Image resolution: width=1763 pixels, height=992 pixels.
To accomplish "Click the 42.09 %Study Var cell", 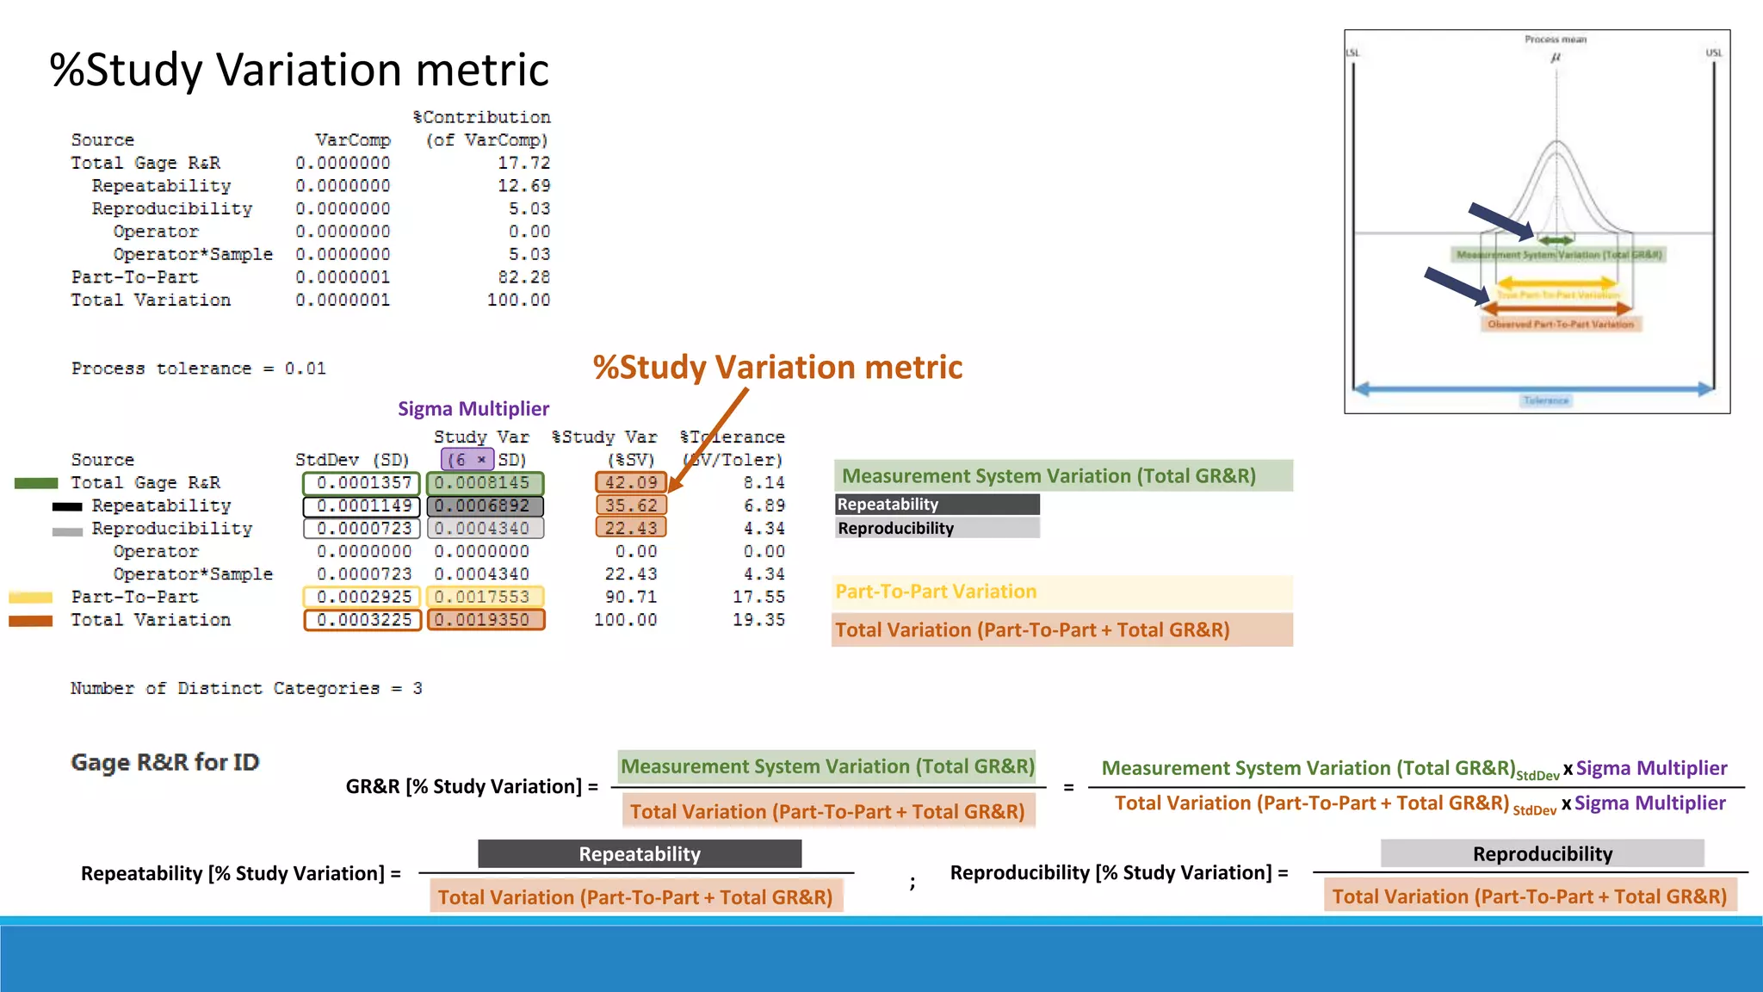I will (x=631, y=483).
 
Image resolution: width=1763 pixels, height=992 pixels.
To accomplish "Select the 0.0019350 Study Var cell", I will (x=486, y=620).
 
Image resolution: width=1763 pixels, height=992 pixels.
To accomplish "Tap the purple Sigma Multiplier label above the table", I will (x=473, y=409).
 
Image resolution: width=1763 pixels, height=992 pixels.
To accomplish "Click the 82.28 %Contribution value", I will (x=523, y=277).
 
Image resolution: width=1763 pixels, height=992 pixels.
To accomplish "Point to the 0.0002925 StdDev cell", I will (x=362, y=597).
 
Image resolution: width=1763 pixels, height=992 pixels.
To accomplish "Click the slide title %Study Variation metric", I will (x=299, y=70).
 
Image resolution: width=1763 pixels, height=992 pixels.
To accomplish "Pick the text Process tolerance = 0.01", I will (x=198, y=369).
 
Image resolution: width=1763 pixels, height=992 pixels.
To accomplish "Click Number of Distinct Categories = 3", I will (x=246, y=688).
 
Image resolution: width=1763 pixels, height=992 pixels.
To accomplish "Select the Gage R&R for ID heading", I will (x=164, y=762).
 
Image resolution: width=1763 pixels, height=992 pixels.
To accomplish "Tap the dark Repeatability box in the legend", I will (x=937, y=505).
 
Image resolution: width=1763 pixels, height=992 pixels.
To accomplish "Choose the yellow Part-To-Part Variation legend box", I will (x=1061, y=592).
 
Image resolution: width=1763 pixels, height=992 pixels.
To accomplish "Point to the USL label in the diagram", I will (x=1713, y=53).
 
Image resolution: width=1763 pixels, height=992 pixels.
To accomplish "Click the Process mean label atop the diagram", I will (x=1555, y=40).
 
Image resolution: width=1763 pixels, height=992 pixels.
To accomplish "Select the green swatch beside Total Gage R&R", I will (x=36, y=484).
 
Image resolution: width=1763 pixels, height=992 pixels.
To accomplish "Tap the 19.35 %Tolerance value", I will (x=758, y=620).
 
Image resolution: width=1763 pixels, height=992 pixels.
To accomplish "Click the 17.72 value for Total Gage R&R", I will (x=523, y=163).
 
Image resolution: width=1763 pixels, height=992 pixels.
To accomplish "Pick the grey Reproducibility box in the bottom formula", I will (x=1542, y=854).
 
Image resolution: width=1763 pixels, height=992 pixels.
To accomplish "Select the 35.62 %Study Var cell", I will (x=631, y=505).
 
